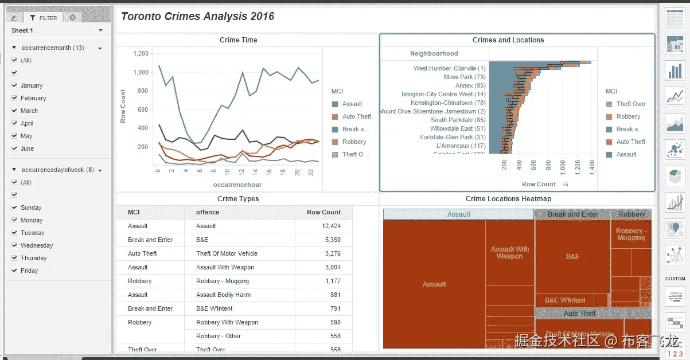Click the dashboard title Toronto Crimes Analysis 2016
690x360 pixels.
point(197,17)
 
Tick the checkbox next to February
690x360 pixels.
point(14,98)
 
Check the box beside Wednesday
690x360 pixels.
point(14,245)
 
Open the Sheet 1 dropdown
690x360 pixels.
point(100,30)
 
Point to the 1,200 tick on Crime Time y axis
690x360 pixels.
point(141,54)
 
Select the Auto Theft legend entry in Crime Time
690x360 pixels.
point(356,116)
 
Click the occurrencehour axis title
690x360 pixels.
point(237,185)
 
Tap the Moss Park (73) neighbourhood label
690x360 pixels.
point(464,77)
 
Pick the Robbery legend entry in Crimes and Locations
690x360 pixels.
point(628,116)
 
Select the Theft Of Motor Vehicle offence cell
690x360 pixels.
point(227,253)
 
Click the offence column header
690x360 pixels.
point(208,212)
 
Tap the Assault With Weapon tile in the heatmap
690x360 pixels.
point(509,253)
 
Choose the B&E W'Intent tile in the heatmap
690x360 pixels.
point(565,300)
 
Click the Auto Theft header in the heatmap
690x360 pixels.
point(579,314)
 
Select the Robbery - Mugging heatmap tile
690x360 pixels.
point(631,234)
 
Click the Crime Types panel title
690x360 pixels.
point(238,199)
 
